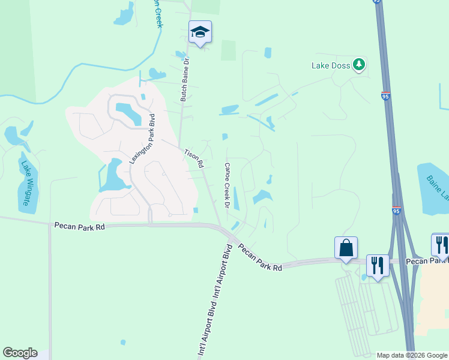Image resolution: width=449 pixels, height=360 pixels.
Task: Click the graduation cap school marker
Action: pyautogui.click(x=200, y=33)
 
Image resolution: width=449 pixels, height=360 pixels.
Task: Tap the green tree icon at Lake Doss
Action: pyautogui.click(x=359, y=64)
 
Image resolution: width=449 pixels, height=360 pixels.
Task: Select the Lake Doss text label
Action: pyautogui.click(x=330, y=65)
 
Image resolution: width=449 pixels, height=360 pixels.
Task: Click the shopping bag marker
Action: pyautogui.click(x=346, y=248)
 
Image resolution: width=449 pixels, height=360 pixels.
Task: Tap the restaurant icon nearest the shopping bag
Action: pyautogui.click(x=378, y=265)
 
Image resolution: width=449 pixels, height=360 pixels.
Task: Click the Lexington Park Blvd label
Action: pyautogui.click(x=142, y=139)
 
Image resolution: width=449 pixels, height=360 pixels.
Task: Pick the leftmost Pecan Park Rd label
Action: pyautogui.click(x=79, y=226)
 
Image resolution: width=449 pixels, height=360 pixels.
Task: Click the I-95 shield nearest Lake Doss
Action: pyautogui.click(x=385, y=95)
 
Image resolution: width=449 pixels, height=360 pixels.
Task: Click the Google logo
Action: pyautogui.click(x=20, y=353)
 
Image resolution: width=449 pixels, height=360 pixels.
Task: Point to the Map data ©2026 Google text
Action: pyautogui.click(x=412, y=355)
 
